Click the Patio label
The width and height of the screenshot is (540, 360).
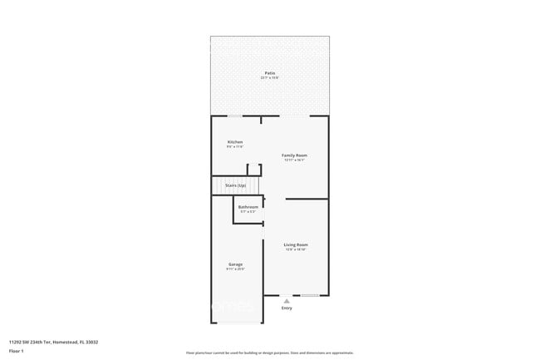pyautogui.click(x=270, y=73)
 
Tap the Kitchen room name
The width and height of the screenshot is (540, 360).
pyautogui.click(x=235, y=142)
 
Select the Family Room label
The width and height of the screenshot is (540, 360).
pyautogui.click(x=295, y=155)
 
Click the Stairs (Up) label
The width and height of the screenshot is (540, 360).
pyautogui.click(x=236, y=185)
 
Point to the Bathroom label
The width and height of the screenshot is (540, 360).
pyautogui.click(x=248, y=207)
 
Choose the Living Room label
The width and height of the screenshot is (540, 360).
pyautogui.click(x=296, y=244)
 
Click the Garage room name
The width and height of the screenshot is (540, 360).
pyautogui.click(x=236, y=264)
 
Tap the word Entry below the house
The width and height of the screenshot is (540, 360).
pyautogui.click(x=287, y=308)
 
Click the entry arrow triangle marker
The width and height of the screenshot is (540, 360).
pyautogui.click(x=287, y=300)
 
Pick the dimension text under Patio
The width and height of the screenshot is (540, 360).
pyautogui.click(x=270, y=78)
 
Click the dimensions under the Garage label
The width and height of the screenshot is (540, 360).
pyautogui.click(x=236, y=269)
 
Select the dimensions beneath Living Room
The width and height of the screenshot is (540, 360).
pyautogui.click(x=296, y=249)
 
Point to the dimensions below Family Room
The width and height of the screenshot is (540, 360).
pyautogui.click(x=295, y=160)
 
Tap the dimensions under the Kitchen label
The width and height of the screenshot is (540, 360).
pyautogui.click(x=235, y=147)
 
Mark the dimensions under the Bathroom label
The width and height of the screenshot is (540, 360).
pyautogui.click(x=248, y=212)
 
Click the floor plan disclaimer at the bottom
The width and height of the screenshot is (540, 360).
pyautogui.click(x=270, y=353)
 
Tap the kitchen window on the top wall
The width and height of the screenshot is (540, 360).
pyautogui.click(x=236, y=116)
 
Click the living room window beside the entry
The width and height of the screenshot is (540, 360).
pyautogui.click(x=310, y=295)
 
